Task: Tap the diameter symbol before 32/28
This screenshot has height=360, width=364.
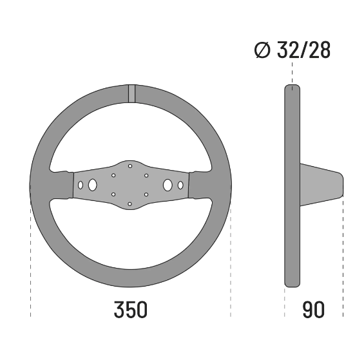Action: pos(263,50)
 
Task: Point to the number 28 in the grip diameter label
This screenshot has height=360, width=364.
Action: pos(319,50)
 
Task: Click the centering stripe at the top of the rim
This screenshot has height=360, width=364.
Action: pos(131,93)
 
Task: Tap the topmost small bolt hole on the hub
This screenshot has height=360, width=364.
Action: pos(130,166)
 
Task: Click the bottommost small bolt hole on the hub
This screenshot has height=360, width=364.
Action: pos(130,204)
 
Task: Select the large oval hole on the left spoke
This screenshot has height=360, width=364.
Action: pos(93,185)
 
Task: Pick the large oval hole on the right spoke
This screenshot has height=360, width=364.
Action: pos(168,185)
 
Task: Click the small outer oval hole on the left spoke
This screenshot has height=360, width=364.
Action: pos(81,185)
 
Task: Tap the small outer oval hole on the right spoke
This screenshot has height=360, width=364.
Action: pos(180,185)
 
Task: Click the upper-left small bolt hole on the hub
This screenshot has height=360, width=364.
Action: pos(113,175)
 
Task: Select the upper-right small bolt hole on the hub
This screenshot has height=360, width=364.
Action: pos(147,175)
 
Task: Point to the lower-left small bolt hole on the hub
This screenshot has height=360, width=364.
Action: pos(113,194)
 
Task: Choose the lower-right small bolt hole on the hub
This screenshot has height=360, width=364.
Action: pos(147,194)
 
